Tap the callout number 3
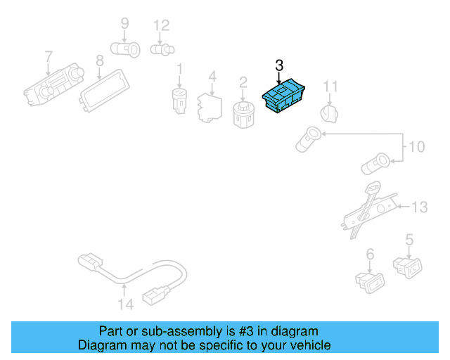(279, 67)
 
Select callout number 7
(48, 56)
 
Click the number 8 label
(99, 60)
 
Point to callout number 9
(124, 24)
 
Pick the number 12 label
(161, 26)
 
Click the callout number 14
(125, 304)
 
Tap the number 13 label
(419, 207)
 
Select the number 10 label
(416, 147)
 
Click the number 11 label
(330, 87)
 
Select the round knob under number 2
(243, 113)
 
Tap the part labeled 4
(207, 105)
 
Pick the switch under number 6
(369, 281)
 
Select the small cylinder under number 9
(127, 49)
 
